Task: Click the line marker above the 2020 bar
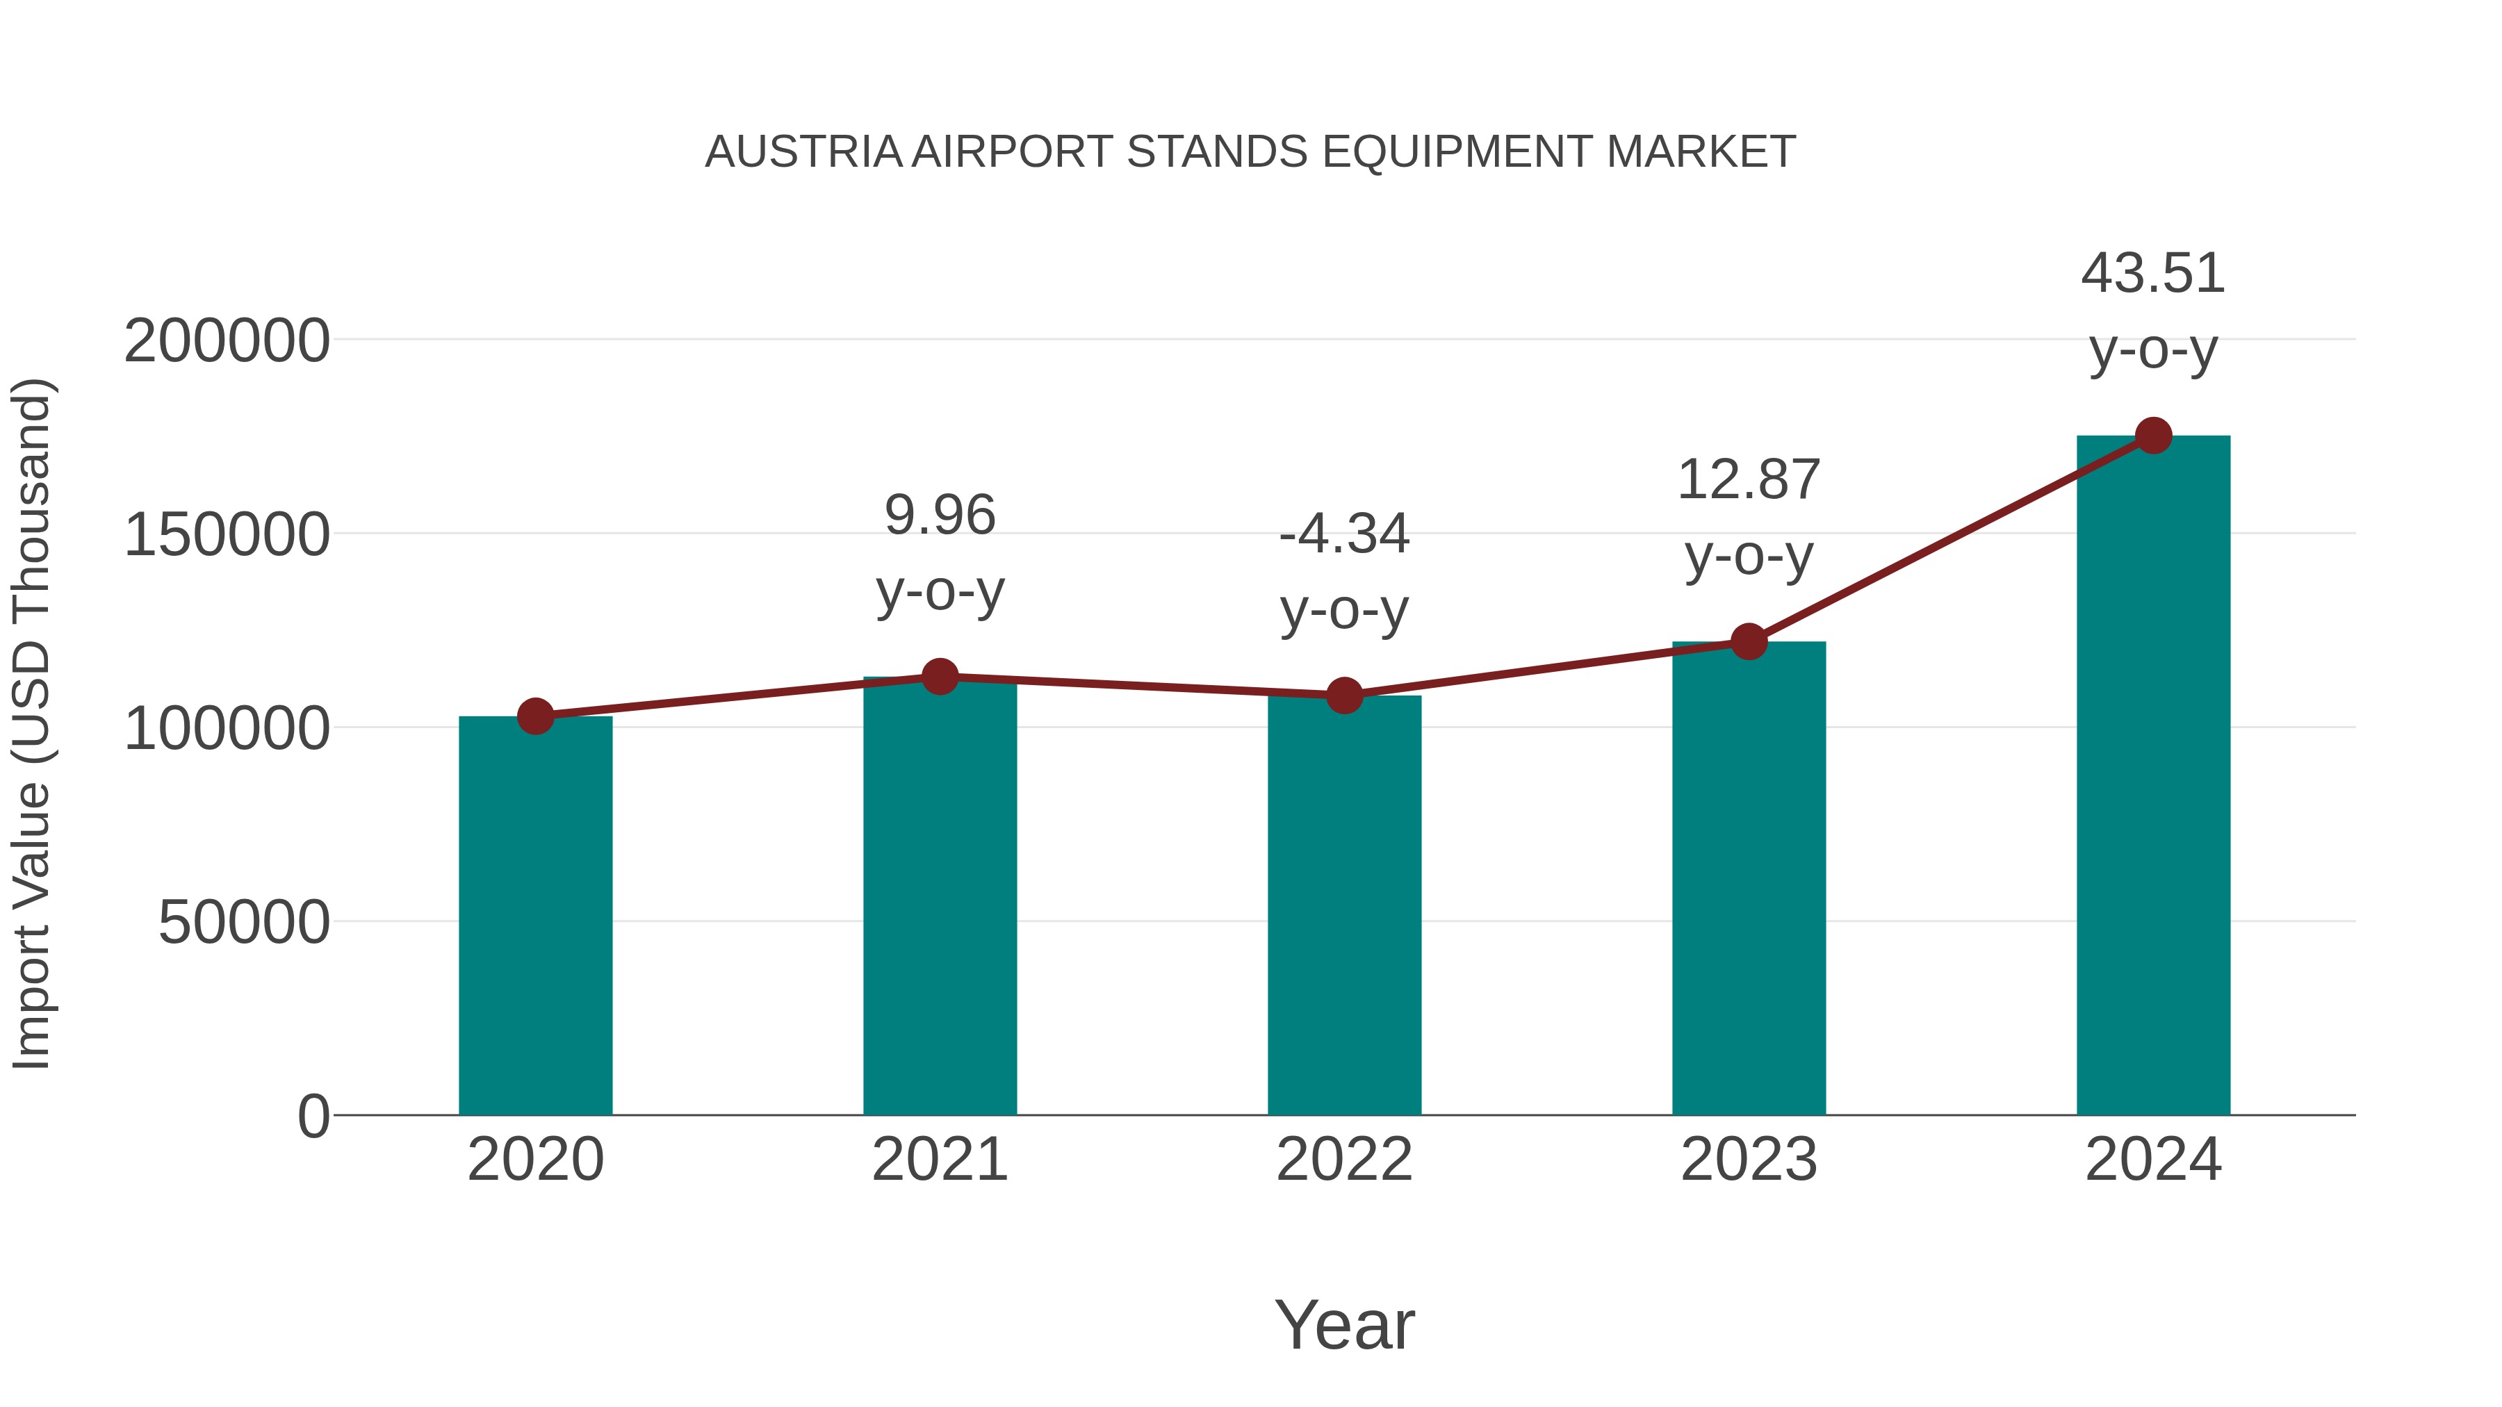tap(535, 716)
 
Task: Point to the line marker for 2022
tap(1344, 696)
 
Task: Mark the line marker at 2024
tap(2153, 436)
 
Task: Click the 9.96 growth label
tap(939, 515)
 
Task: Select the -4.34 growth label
tap(1344, 534)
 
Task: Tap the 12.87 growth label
tap(1749, 479)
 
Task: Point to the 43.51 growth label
tap(2153, 273)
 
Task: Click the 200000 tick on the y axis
tap(227, 341)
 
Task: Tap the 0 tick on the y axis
tap(313, 1116)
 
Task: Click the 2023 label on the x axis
tap(1749, 1160)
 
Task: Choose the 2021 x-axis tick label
tap(939, 1160)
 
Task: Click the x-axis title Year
tap(1344, 1324)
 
